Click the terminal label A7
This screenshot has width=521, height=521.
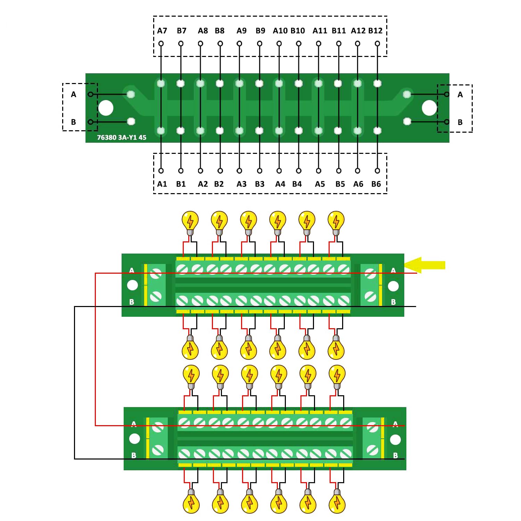pos(162,31)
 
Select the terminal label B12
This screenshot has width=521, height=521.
pos(375,31)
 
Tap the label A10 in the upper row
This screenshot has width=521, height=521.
pos(280,31)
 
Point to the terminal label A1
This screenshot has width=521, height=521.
pos(162,184)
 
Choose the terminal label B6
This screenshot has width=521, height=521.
pos(376,184)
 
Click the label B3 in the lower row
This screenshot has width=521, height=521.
pos(260,184)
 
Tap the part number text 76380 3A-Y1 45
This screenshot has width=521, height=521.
pos(122,137)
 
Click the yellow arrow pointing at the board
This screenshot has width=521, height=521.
pos(424,265)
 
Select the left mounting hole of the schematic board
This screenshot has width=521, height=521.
pos(106,108)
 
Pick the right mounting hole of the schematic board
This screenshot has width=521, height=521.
pos(429,108)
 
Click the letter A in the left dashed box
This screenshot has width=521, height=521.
pos(73,94)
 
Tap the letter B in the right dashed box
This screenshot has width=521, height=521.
pos(460,122)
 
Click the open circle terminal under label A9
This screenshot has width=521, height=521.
pos(239,43)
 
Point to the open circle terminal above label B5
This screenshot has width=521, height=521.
pos(339,171)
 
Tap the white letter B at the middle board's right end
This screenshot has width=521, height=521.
pos(393,302)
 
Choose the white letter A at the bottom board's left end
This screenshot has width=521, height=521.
pos(134,424)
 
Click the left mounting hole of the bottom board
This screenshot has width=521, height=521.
pos(134,439)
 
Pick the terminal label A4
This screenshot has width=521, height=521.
pos(280,184)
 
